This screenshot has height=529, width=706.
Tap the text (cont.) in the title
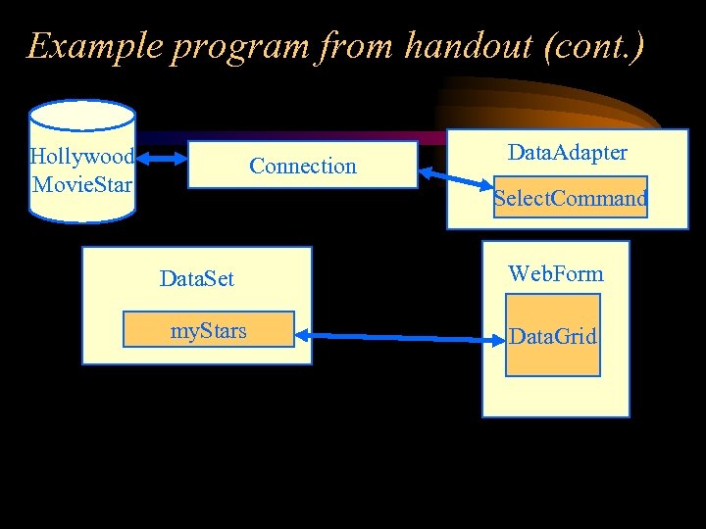click(x=596, y=46)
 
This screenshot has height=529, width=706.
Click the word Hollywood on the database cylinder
click(x=82, y=157)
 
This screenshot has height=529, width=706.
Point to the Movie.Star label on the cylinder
click(x=82, y=184)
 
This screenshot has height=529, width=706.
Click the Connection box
click(x=302, y=166)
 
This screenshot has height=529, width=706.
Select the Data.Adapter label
click(x=567, y=152)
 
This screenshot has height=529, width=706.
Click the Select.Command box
click(x=570, y=199)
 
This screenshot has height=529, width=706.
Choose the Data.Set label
click(x=197, y=279)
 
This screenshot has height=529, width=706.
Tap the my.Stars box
click(x=208, y=330)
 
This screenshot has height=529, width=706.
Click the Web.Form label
click(x=555, y=273)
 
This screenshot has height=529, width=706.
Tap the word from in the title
click(x=348, y=46)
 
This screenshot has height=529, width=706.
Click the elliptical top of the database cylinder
click(x=82, y=116)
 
